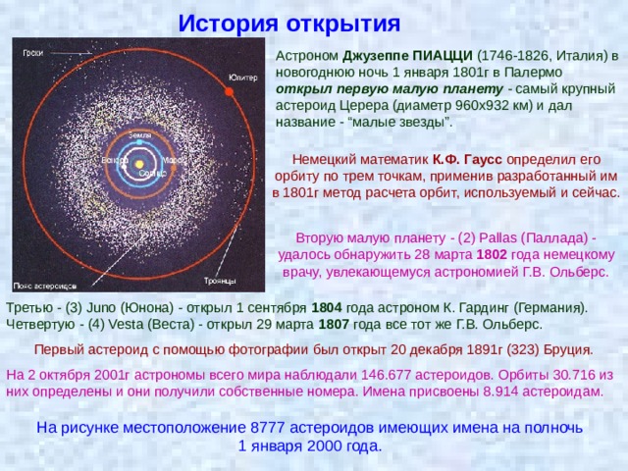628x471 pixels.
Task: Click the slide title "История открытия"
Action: (x=289, y=24)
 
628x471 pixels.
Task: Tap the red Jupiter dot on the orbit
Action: (x=229, y=91)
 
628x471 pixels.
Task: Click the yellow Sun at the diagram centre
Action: (x=139, y=164)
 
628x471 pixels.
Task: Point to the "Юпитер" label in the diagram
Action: (x=242, y=78)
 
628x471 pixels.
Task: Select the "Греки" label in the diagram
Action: (x=32, y=53)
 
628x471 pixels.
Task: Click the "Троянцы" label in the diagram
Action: (x=220, y=281)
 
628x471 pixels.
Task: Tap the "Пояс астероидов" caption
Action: (x=45, y=286)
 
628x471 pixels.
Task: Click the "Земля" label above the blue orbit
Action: (x=139, y=135)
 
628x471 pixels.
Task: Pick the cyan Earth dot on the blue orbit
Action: (x=139, y=141)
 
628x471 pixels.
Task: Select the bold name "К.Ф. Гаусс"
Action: (x=467, y=159)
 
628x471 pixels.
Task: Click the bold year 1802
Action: (x=492, y=255)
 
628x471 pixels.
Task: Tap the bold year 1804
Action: (x=327, y=307)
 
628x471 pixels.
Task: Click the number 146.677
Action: (x=386, y=375)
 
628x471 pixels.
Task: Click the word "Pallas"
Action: (x=498, y=237)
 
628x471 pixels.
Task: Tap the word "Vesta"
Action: (x=126, y=324)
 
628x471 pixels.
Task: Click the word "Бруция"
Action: (x=568, y=350)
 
